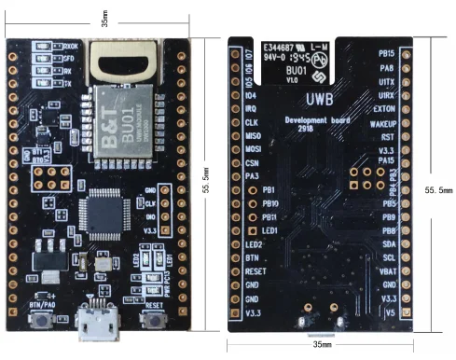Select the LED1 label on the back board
click(272, 229)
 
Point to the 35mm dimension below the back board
click(321, 345)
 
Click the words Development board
click(318, 121)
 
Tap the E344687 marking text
click(283, 44)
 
